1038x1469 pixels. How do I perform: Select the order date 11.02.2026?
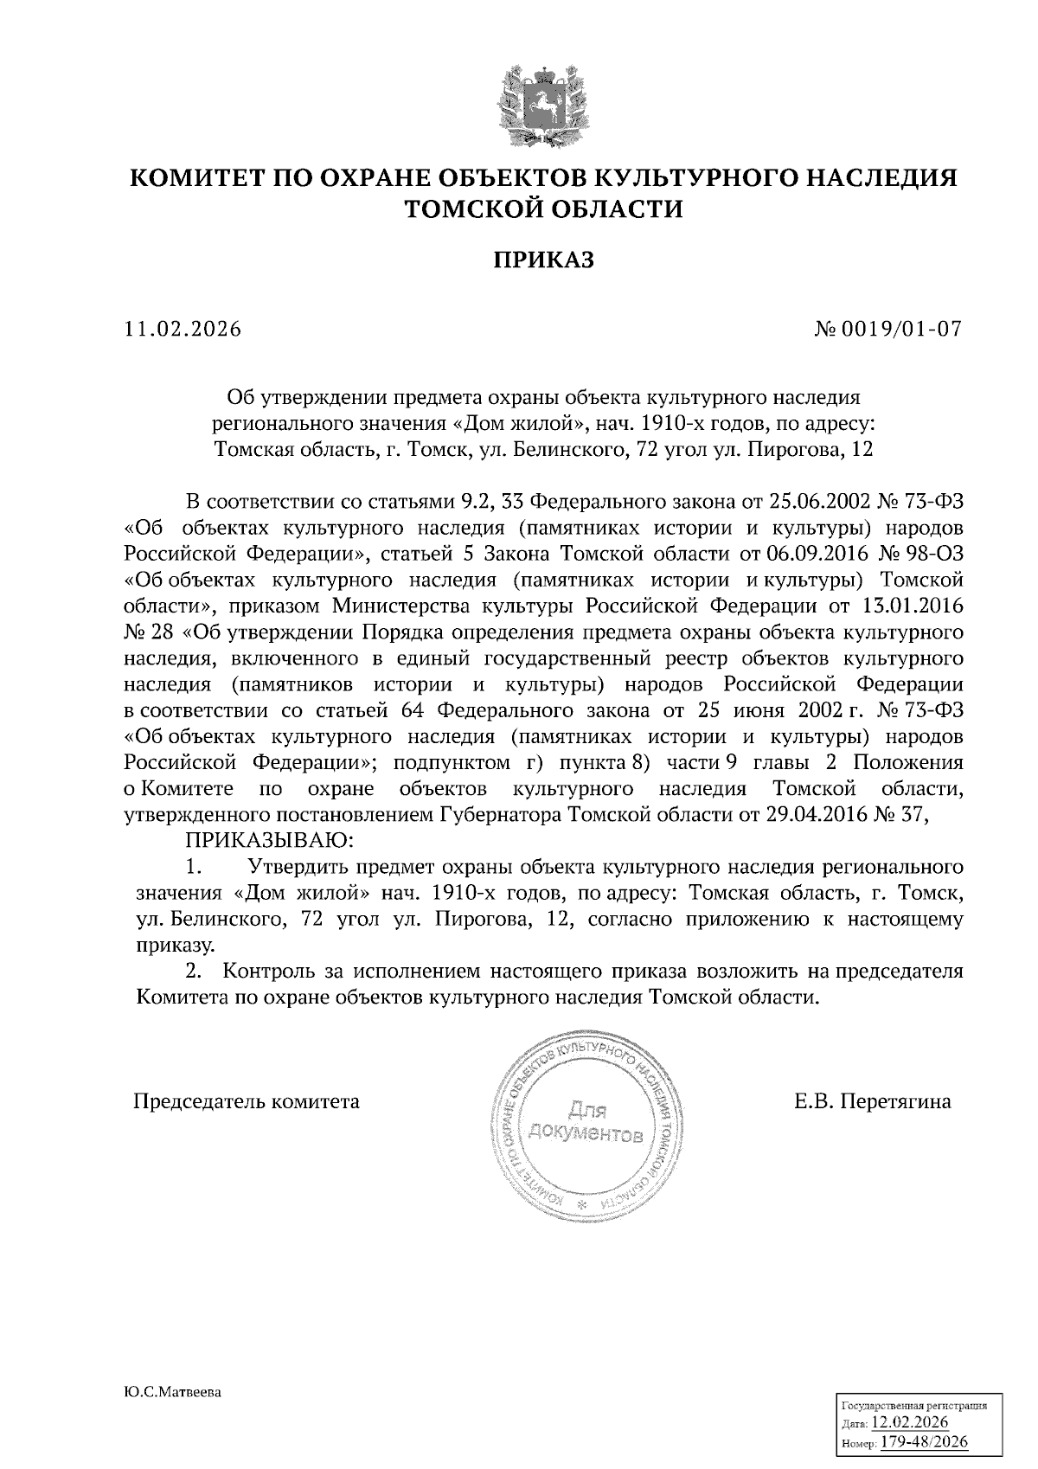click(183, 330)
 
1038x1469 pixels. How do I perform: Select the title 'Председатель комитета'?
click(246, 1102)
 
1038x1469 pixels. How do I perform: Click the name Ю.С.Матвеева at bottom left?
click(173, 1393)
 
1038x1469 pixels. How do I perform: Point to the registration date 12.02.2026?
click(910, 1422)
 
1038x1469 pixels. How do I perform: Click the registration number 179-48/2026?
click(924, 1442)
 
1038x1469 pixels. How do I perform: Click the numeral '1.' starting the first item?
click(194, 866)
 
